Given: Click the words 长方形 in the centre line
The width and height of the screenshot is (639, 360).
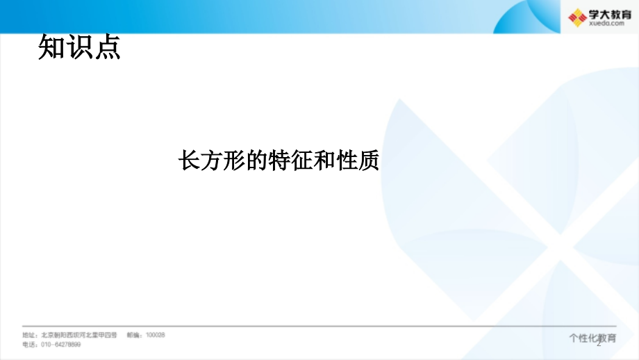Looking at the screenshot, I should [x=213, y=161].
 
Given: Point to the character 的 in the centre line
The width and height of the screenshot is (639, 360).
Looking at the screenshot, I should [x=257, y=161].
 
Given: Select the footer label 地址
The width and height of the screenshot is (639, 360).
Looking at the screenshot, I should [x=30, y=334].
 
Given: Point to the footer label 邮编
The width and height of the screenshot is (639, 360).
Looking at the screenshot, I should [x=134, y=334].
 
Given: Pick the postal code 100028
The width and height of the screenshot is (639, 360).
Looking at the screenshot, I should [x=155, y=334].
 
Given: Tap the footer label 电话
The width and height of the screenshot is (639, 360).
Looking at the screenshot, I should [x=30, y=344].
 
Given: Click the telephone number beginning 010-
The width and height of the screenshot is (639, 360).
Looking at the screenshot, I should [x=61, y=344].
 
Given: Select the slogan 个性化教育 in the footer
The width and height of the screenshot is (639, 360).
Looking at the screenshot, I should [x=592, y=338].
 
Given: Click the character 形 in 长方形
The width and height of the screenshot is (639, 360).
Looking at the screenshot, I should [x=235, y=161].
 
